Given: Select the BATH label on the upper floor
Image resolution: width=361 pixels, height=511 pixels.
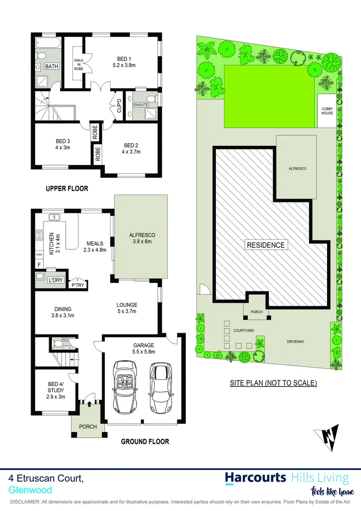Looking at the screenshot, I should click(x=52, y=66).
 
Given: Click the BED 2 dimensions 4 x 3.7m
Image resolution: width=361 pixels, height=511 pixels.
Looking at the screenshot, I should click(x=132, y=152).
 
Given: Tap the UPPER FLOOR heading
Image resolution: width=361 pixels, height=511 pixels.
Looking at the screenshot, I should click(x=67, y=188).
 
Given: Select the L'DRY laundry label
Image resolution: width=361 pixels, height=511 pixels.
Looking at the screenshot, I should click(x=56, y=280).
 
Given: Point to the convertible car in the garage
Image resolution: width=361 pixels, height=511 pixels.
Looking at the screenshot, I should click(x=125, y=388).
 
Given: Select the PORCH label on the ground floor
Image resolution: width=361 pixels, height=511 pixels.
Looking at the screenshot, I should click(x=87, y=426).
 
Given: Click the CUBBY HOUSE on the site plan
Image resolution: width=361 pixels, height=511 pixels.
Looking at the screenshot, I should click(x=327, y=111).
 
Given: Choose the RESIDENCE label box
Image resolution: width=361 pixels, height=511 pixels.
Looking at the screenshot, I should click(x=266, y=245).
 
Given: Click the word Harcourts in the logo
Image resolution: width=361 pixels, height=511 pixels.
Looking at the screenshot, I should click(x=256, y=477).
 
